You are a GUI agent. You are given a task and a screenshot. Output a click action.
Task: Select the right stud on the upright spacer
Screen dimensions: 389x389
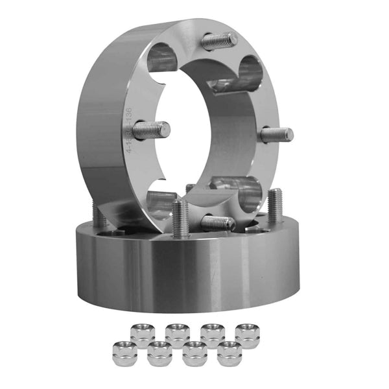277,136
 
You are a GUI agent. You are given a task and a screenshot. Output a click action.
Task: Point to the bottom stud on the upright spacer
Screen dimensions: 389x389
217,223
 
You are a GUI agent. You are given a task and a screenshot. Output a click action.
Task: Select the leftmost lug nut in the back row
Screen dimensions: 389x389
142,334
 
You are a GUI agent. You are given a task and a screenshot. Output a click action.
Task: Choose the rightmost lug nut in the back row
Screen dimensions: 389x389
247,333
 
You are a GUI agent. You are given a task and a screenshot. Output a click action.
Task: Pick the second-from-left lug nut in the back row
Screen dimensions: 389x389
177,334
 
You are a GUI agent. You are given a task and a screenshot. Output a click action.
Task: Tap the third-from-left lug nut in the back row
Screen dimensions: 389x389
212,334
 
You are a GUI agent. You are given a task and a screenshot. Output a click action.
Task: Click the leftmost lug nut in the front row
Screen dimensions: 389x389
125,353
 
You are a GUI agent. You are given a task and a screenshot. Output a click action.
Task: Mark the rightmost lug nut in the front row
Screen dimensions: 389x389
229,353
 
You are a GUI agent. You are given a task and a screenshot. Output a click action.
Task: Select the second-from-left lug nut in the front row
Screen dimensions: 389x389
159,354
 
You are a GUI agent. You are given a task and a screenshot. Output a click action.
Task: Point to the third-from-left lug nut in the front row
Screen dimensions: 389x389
194,354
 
